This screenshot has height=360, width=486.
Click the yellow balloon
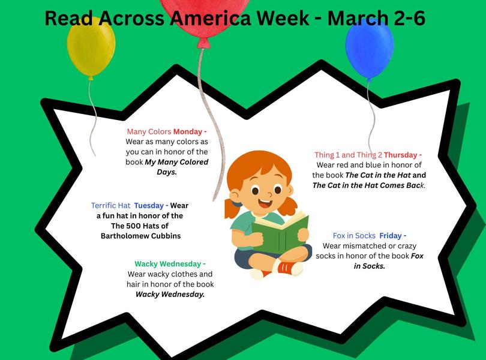tap(91, 47)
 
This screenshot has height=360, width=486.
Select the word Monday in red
tap(188, 131)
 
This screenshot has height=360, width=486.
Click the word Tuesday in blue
tap(148, 205)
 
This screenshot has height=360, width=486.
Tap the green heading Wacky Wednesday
tap(169, 264)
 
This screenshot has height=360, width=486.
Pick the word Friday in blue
tap(392, 236)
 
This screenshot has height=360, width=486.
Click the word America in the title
tap(211, 19)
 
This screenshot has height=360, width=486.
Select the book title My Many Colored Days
tap(175, 167)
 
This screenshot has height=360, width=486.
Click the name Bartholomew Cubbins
tap(140, 236)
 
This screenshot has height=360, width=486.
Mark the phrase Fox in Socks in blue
tap(354, 236)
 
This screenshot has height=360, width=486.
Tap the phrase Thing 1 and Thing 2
tap(348, 155)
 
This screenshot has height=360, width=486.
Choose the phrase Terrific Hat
tap(110, 205)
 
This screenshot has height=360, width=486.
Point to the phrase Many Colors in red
tap(149, 131)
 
